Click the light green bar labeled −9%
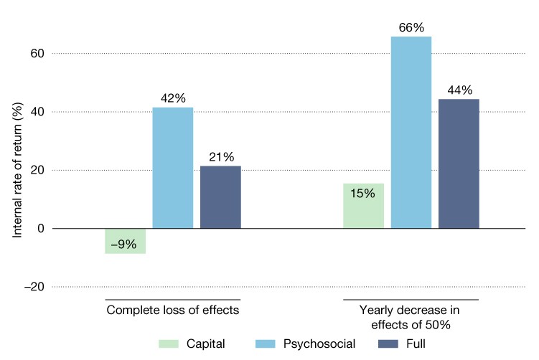pyautogui.click(x=125, y=241)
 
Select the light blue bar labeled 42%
pyautogui.click(x=172, y=168)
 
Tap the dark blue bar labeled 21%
pyautogui.click(x=220, y=197)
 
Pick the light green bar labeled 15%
pyautogui.click(x=364, y=206)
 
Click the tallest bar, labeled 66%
pyautogui.click(x=411, y=133)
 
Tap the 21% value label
pyautogui.click(x=221, y=158)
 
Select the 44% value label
pyautogui.click(x=459, y=90)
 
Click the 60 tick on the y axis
pyautogui.click(x=38, y=54)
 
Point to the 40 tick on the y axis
pyautogui.click(x=38, y=112)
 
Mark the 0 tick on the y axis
pyautogui.click(x=41, y=229)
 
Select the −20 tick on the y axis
pyautogui.click(x=34, y=287)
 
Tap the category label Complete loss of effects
pyautogui.click(x=172, y=311)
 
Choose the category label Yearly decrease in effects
pyautogui.click(x=411, y=317)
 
